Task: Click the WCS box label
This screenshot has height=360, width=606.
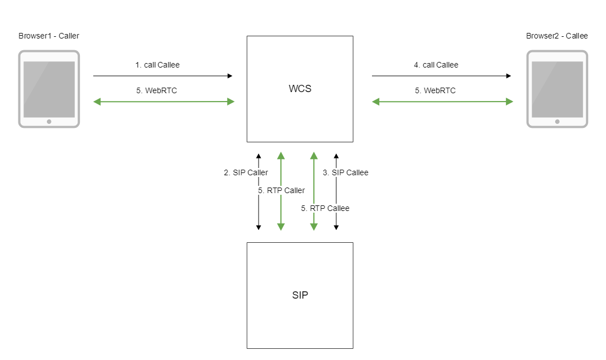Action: [x=300, y=89]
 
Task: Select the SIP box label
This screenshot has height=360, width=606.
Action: [x=300, y=295]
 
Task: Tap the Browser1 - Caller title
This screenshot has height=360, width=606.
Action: [x=49, y=36]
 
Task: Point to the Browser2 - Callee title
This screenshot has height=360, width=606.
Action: [x=557, y=36]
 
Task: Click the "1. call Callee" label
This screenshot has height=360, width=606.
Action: [x=158, y=65]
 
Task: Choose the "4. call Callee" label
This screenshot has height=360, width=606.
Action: [x=436, y=65]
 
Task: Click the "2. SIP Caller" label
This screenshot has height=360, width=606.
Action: [x=246, y=172]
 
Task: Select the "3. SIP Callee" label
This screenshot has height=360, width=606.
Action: [x=346, y=172]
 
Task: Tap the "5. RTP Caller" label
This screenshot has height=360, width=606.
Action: [x=281, y=190]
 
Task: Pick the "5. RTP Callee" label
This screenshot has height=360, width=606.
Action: [x=325, y=208]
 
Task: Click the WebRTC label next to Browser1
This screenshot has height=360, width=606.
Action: [x=157, y=90]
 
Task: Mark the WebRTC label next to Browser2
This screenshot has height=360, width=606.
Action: [x=436, y=90]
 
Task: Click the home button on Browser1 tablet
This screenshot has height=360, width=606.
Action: [x=49, y=121]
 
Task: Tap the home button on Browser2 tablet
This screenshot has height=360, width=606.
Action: [x=557, y=121]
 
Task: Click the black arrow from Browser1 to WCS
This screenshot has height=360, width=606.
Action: [x=163, y=75]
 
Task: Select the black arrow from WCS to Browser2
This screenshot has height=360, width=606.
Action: [x=442, y=75]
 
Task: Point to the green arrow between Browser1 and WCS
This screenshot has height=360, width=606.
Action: [x=164, y=102]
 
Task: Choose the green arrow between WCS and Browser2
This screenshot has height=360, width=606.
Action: [x=442, y=102]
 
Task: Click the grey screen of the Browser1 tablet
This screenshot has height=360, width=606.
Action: [x=49, y=89]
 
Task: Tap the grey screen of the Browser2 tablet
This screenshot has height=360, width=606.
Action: [x=557, y=89]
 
